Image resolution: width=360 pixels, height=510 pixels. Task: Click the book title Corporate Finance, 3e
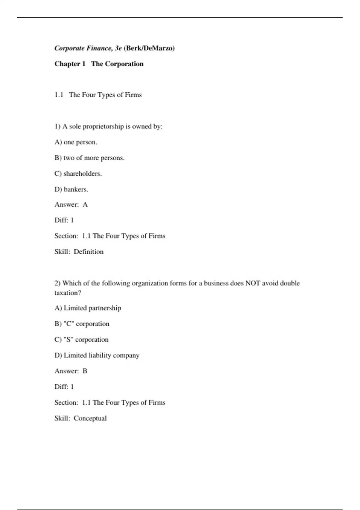pyautogui.click(x=88, y=48)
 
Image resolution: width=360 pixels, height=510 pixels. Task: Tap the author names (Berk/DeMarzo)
pyautogui.click(x=149, y=48)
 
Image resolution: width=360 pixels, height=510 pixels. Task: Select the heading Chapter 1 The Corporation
pyautogui.click(x=99, y=64)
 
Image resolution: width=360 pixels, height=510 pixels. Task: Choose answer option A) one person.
pyautogui.click(x=76, y=142)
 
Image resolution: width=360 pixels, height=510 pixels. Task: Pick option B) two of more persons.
pyautogui.click(x=89, y=158)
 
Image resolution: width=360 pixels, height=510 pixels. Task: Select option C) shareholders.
pyautogui.click(x=78, y=174)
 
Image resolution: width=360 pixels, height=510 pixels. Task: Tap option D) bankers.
pyautogui.click(x=71, y=189)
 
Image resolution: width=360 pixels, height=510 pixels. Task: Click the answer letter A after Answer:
pyautogui.click(x=85, y=205)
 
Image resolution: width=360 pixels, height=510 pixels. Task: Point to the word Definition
pyautogui.click(x=88, y=252)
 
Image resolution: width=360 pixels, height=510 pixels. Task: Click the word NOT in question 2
pyautogui.click(x=253, y=283)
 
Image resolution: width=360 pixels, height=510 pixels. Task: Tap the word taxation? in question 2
pyautogui.click(x=68, y=293)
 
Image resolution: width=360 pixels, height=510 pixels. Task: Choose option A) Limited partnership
pyautogui.click(x=88, y=308)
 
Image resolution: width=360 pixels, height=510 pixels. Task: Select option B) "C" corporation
pyautogui.click(x=82, y=324)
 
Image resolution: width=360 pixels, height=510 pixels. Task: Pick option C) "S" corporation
pyautogui.click(x=82, y=340)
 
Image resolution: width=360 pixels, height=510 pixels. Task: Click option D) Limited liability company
pyautogui.click(x=97, y=355)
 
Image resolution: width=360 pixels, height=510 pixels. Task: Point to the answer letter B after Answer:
pyautogui.click(x=85, y=371)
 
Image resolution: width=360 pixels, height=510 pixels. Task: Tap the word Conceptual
pyautogui.click(x=90, y=418)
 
